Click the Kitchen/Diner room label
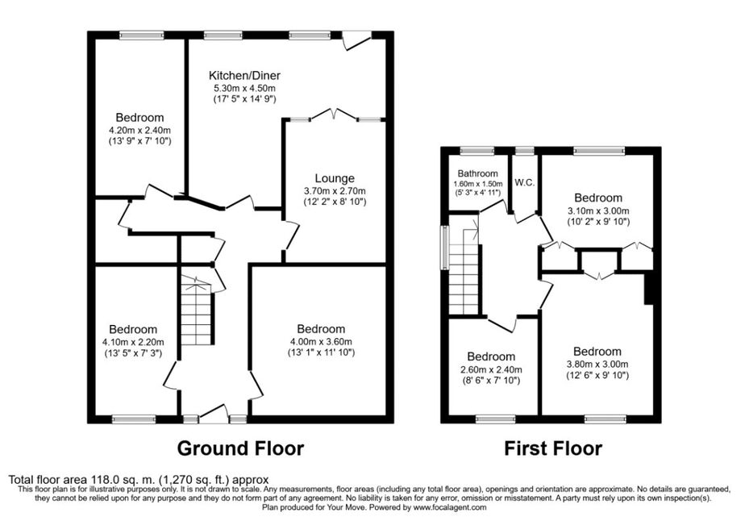coord(244,76)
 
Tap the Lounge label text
coord(335,178)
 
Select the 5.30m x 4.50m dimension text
coord(244,89)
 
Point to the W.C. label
coord(525,182)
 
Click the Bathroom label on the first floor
coord(477,173)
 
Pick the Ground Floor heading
coord(240,448)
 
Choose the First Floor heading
coord(553,448)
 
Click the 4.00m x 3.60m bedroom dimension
coord(321,342)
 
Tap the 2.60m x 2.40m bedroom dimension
coord(491,369)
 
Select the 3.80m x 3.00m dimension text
coord(597,365)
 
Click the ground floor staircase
coord(195,310)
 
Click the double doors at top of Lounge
coord(335,115)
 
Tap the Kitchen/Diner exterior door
coord(357,40)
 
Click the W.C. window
coord(525,151)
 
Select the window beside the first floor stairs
coord(445,244)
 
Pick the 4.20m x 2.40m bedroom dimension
coord(139,130)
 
